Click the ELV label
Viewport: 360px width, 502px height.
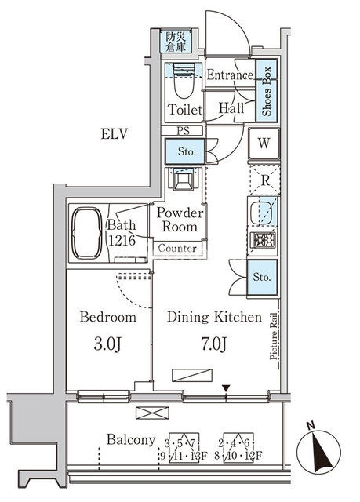[x=115, y=134]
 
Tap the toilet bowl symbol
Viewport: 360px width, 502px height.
[x=184, y=80]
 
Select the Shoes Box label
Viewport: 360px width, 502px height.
[x=267, y=91]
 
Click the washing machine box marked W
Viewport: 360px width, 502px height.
[x=264, y=144]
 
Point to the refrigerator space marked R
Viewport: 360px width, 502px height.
[x=265, y=180]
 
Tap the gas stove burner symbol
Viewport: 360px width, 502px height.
[x=264, y=240]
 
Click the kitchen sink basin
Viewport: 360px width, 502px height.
[x=262, y=213]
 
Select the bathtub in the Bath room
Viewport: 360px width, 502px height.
[x=87, y=233]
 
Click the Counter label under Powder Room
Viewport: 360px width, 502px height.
[x=177, y=248]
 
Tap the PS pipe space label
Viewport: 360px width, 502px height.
[x=184, y=131]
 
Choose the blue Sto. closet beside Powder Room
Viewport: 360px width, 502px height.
[x=184, y=151]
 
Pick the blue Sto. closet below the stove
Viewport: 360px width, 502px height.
[x=262, y=277]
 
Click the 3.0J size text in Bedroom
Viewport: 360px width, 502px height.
[x=107, y=344]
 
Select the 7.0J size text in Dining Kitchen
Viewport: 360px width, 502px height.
[x=214, y=344]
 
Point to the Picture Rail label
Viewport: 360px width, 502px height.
[x=274, y=336]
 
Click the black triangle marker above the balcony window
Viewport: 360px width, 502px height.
[x=226, y=389]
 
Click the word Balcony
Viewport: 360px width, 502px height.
[x=131, y=440]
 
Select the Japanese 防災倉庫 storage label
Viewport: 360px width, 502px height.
[x=176, y=42]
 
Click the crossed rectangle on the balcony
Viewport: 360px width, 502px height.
[x=152, y=413]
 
